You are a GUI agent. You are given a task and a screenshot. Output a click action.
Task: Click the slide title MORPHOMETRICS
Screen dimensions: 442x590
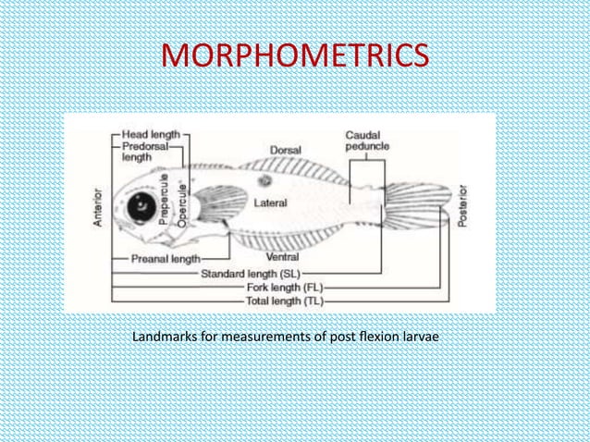(x=295, y=56)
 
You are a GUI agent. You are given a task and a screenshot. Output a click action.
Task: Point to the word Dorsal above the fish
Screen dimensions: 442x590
(x=285, y=150)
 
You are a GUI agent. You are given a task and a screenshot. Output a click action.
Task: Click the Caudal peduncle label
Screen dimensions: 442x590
(x=367, y=141)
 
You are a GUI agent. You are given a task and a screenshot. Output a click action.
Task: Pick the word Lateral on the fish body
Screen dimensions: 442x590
(x=270, y=202)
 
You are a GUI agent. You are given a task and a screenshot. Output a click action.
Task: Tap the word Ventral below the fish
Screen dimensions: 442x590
(x=281, y=256)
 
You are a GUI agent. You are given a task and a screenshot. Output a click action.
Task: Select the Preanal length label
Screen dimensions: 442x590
(x=166, y=260)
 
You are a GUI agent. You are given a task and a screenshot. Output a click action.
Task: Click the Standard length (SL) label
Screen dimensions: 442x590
(x=243, y=274)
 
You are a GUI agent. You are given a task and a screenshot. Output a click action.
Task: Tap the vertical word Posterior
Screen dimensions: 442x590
(x=462, y=203)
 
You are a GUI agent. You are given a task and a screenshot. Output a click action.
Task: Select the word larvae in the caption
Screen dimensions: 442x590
(x=420, y=335)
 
